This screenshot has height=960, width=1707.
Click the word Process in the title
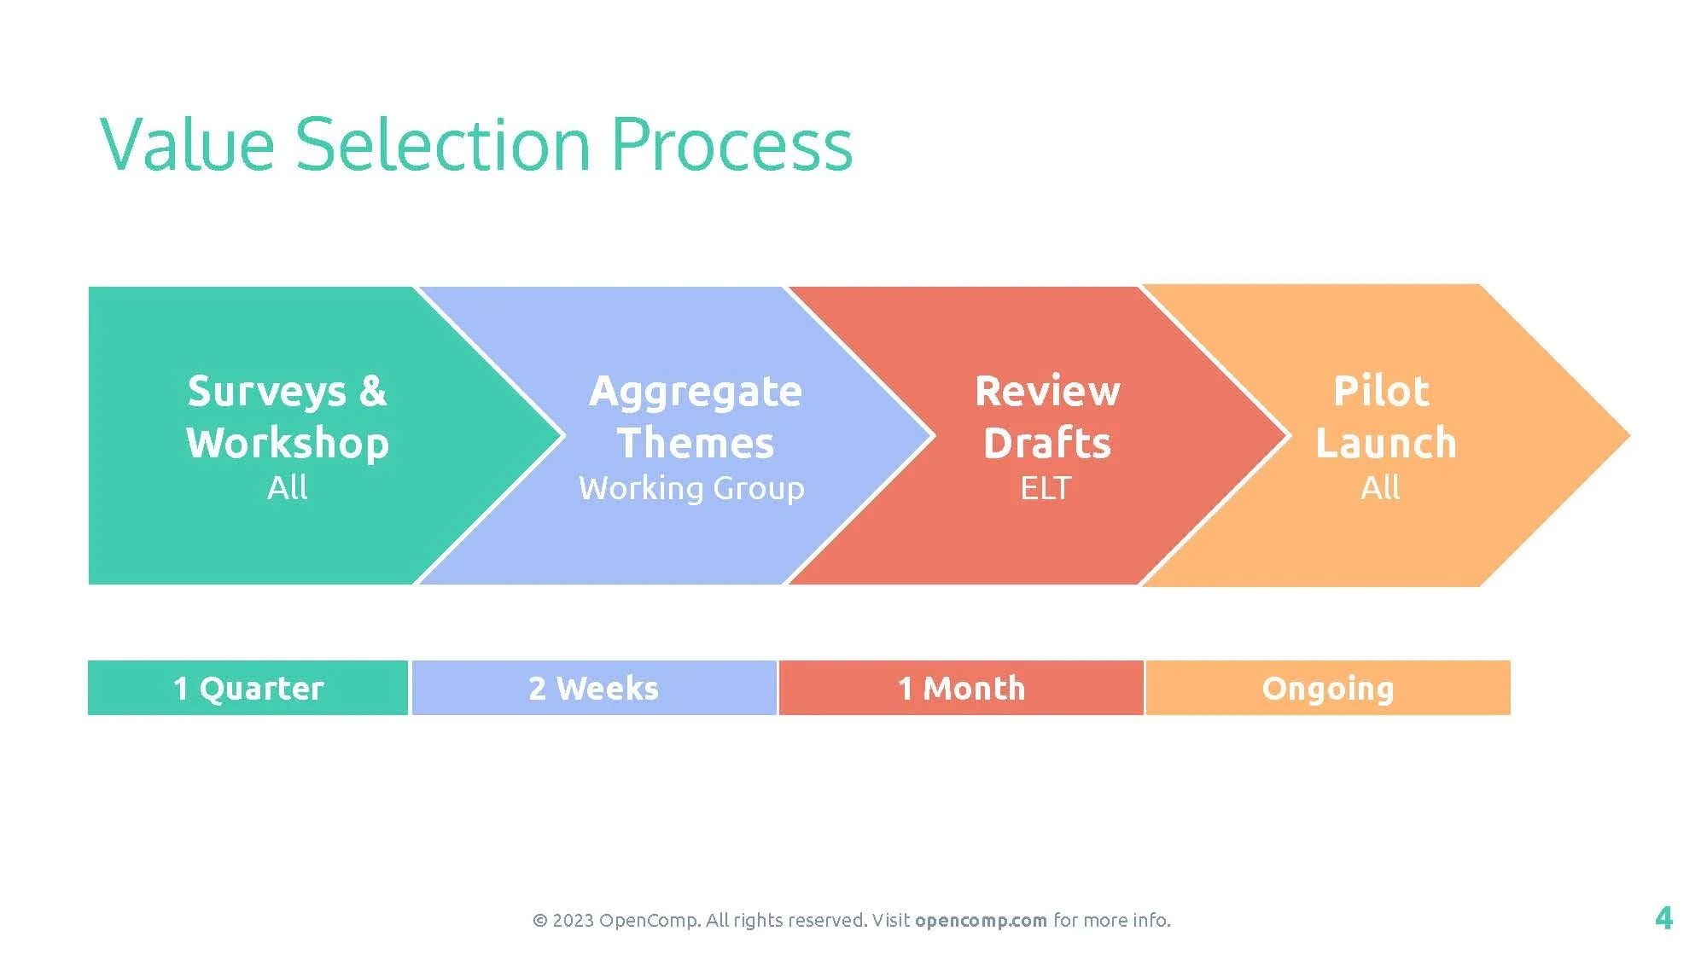pyautogui.click(x=732, y=145)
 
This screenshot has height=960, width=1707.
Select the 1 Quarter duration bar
pyautogui.click(x=248, y=688)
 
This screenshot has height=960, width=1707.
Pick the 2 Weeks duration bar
pyautogui.click(x=594, y=688)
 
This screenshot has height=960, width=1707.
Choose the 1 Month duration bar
pyautogui.click(x=961, y=688)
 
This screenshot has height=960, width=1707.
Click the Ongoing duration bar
pyautogui.click(x=1328, y=688)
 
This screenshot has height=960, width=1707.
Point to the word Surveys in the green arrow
pyautogui.click(x=266, y=393)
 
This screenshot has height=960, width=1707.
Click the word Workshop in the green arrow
pyautogui.click(x=288, y=443)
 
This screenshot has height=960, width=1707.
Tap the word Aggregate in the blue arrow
pyautogui.click(x=696, y=393)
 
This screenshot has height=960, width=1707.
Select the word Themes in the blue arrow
pyautogui.click(x=696, y=443)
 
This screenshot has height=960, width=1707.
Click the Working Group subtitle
pyautogui.click(x=691, y=488)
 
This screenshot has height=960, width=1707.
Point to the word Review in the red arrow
pyautogui.click(x=1047, y=392)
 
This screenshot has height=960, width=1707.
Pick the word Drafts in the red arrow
pyautogui.click(x=1047, y=443)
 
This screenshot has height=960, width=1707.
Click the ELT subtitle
pyautogui.click(x=1046, y=488)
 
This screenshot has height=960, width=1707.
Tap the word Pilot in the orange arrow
pyautogui.click(x=1381, y=392)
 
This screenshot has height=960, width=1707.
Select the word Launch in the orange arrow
pyautogui.click(x=1385, y=443)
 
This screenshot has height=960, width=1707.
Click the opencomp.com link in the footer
pyautogui.click(x=981, y=920)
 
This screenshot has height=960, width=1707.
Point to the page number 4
pyautogui.click(x=1663, y=918)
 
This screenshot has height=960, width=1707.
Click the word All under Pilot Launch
pyautogui.click(x=1380, y=488)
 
